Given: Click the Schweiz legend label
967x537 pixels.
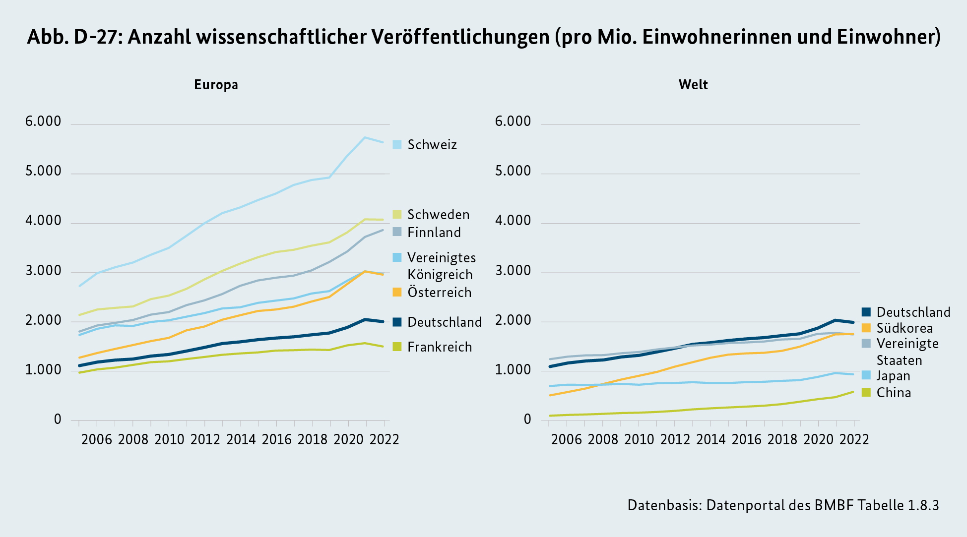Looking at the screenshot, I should tap(432, 145).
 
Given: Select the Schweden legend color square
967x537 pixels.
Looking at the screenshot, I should tap(397, 214).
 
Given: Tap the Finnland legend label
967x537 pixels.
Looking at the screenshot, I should tap(434, 233).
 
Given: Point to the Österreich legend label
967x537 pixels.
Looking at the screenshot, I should tap(439, 293).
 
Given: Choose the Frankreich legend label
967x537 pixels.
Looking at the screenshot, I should tap(439, 347).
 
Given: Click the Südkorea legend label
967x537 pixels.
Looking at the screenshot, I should tap(904, 328).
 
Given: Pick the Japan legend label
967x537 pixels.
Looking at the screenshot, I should tap(893, 376).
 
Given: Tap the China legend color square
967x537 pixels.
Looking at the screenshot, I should tap(866, 392).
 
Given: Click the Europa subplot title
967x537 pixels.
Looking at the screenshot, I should tap(216, 85).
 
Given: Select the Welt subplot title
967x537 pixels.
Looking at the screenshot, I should tap(693, 85).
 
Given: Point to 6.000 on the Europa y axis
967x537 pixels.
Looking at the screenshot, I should tap(43, 121).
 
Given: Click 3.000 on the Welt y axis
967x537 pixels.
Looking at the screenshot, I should tap(513, 271).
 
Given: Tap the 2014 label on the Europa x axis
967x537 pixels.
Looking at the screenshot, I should tap(241, 439).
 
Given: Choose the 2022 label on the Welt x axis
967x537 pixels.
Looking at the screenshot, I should tap(854, 439).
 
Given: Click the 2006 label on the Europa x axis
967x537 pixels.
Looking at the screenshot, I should tap(97, 439).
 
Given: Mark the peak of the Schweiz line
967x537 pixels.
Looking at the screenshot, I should tap(365, 137).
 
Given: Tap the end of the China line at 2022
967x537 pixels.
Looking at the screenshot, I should tap(853, 392).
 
